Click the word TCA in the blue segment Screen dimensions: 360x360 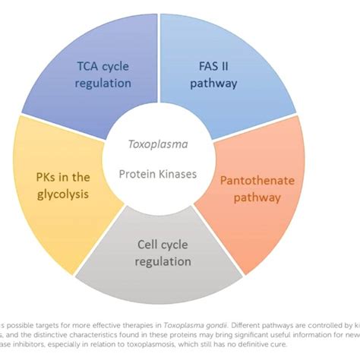tap(90, 67)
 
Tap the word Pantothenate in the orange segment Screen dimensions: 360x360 tap(251, 181)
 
